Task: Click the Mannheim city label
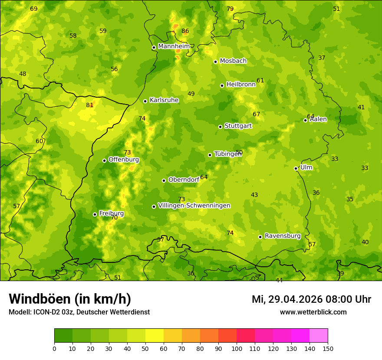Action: (x=174, y=46)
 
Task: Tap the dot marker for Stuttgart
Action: (x=220, y=127)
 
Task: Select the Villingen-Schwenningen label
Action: (x=194, y=206)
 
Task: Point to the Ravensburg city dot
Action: (x=260, y=237)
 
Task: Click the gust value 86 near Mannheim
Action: (x=185, y=31)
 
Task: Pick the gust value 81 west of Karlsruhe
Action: (x=90, y=105)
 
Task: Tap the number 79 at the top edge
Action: (x=230, y=9)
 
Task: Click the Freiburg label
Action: (x=111, y=213)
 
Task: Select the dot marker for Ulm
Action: (x=296, y=168)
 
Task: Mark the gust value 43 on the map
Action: (x=254, y=195)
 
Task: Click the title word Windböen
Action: (x=40, y=299)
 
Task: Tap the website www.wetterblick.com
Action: (x=313, y=312)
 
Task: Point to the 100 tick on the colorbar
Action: (x=237, y=348)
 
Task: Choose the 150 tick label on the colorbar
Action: (x=328, y=348)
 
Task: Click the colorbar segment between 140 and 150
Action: (x=319, y=335)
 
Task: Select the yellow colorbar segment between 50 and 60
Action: (x=155, y=335)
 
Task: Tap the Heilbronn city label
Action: (x=241, y=85)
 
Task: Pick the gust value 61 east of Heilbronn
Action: (x=260, y=80)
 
